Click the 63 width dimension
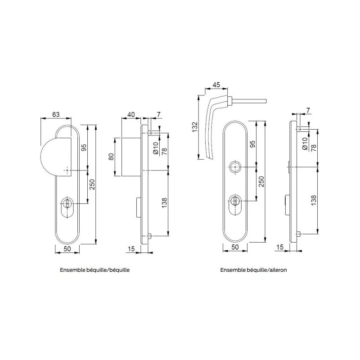coord(55,114)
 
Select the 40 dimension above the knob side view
coord(131,114)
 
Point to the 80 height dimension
coord(111,157)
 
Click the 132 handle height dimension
coord(194,127)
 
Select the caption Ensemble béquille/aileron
coord(253,270)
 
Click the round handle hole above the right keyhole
coord(235,167)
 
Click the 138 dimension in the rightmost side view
coord(313,200)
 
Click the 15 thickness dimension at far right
coord(280,247)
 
